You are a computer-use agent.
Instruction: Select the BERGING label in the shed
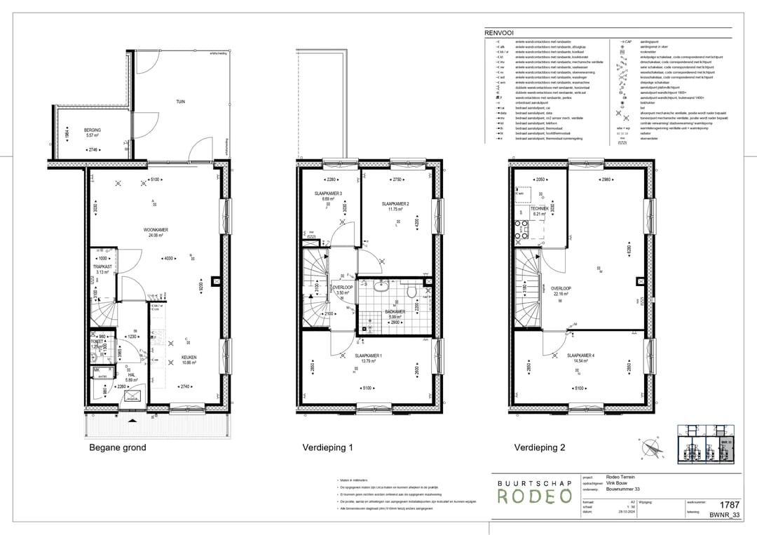[x=93, y=130]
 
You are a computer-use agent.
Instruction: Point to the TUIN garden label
[x=180, y=102]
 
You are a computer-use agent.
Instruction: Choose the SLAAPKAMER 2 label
[x=395, y=203]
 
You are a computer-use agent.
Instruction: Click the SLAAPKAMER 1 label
[x=367, y=356]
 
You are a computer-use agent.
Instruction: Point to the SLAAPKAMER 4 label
[x=581, y=355]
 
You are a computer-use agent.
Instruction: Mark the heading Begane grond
[x=117, y=447]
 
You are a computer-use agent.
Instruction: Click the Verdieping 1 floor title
[x=327, y=447]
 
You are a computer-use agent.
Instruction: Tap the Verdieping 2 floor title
[x=540, y=447]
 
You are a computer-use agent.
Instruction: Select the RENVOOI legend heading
[x=498, y=33]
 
